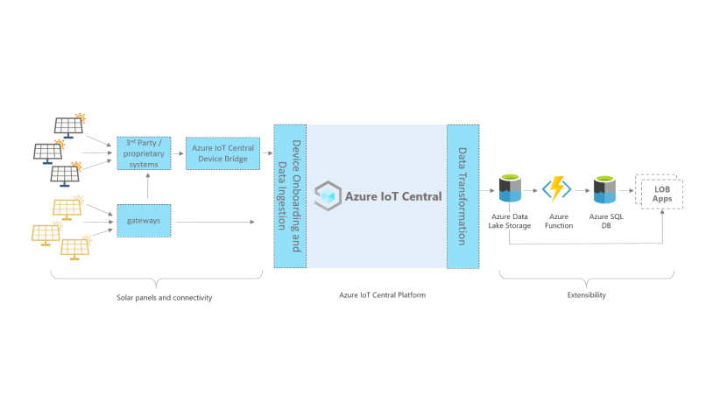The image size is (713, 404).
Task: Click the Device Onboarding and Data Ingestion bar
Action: pos(289,195)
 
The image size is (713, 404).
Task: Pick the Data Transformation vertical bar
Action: pos(462,195)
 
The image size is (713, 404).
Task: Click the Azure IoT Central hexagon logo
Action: pos(328,195)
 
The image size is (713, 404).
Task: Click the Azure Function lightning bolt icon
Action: pos(556,188)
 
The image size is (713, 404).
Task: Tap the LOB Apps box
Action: pos(658,191)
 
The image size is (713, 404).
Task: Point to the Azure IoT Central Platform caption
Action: pos(383,295)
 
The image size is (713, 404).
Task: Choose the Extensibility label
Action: pos(586,295)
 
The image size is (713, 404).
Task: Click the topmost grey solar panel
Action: pos(69,125)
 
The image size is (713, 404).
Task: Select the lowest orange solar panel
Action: pos(74,247)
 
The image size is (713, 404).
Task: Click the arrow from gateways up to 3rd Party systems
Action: pos(147,188)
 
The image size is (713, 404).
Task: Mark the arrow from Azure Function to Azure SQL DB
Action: pos(580,188)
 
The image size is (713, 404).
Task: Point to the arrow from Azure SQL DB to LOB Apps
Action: pos(627,188)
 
